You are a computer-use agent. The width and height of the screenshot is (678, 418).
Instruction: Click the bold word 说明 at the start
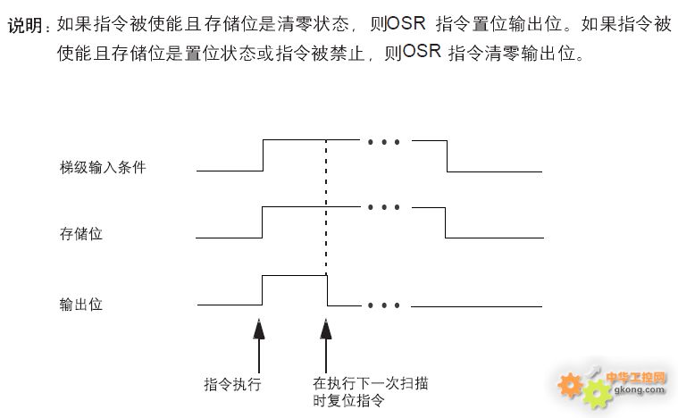coord(25,25)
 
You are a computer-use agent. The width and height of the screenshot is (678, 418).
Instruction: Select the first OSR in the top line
coord(406,23)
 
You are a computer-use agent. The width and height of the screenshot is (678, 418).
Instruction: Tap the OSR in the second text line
coord(421,52)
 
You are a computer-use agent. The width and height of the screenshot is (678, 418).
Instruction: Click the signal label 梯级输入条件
coord(103,167)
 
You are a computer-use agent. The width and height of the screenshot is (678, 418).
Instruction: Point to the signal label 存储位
coord(81,234)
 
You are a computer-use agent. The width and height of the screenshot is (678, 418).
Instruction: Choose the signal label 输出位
coord(81,305)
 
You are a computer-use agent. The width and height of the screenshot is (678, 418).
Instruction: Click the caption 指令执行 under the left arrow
coord(232,384)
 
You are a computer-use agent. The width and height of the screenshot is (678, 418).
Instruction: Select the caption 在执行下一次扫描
coord(370,383)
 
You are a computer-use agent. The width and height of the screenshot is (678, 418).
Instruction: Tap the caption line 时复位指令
coord(348,400)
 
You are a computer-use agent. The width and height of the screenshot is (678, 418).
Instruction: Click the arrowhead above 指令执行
coord(259,330)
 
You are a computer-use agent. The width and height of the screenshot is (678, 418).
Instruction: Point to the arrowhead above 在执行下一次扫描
coord(326,330)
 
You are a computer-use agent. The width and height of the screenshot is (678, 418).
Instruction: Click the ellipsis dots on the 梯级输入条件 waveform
coord(383,142)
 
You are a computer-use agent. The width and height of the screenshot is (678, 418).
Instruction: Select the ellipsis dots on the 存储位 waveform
coord(383,207)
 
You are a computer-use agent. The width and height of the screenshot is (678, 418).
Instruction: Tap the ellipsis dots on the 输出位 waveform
coord(383,305)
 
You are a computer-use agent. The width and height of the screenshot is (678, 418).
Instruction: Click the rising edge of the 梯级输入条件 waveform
coord(264,155)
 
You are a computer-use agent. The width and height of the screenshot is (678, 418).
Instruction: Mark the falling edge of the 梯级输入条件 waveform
coord(448,156)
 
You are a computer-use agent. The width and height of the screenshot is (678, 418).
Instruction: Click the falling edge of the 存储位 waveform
coord(446,222)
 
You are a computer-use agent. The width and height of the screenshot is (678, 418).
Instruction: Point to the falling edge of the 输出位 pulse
coord(327,290)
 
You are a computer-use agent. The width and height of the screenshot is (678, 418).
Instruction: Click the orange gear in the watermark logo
coord(570,385)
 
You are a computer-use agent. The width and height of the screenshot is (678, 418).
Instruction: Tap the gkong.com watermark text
coord(639,390)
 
